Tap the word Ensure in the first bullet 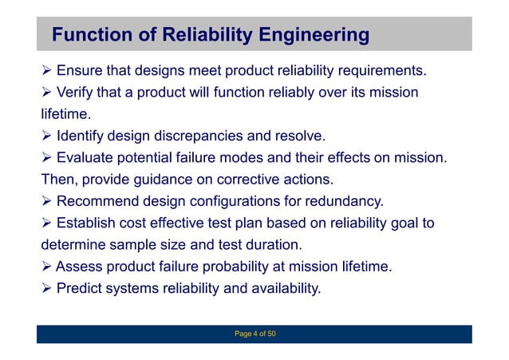pos(78,73)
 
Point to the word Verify pos(76,93)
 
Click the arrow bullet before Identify pos(46,136)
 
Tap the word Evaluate pos(84,157)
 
